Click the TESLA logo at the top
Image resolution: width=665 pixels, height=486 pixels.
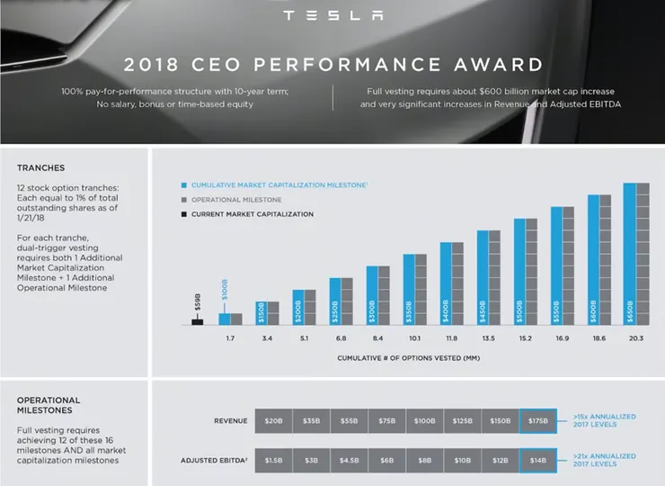pyautogui.click(x=332, y=15)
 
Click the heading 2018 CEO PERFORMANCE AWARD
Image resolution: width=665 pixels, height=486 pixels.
pyautogui.click(x=332, y=65)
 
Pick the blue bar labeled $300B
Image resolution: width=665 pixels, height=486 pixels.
pyautogui.click(x=372, y=295)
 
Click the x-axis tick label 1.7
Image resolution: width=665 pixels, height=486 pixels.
pyautogui.click(x=229, y=339)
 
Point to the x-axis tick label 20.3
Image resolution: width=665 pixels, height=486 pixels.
pyautogui.click(x=636, y=339)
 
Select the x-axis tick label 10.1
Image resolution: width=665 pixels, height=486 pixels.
pyautogui.click(x=414, y=339)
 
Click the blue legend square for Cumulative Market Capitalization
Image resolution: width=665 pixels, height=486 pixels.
pyautogui.click(x=182, y=185)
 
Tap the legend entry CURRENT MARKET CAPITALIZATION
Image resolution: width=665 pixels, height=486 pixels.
pyautogui.click(x=252, y=214)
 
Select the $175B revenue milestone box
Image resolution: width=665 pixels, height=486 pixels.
pyautogui.click(x=537, y=420)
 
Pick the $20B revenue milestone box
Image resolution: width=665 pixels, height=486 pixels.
pyautogui.click(x=273, y=420)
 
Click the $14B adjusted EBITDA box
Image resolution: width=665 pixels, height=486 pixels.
pyautogui.click(x=537, y=460)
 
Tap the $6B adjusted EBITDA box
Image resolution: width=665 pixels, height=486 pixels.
pyautogui.click(x=386, y=460)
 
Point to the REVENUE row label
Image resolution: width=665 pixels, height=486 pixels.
pyautogui.click(x=230, y=420)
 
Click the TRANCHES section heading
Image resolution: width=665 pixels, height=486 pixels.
pyautogui.click(x=41, y=167)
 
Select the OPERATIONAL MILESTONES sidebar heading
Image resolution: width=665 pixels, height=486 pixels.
pyautogui.click(x=49, y=406)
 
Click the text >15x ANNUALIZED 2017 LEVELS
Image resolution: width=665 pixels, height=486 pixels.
pyautogui.click(x=604, y=420)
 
